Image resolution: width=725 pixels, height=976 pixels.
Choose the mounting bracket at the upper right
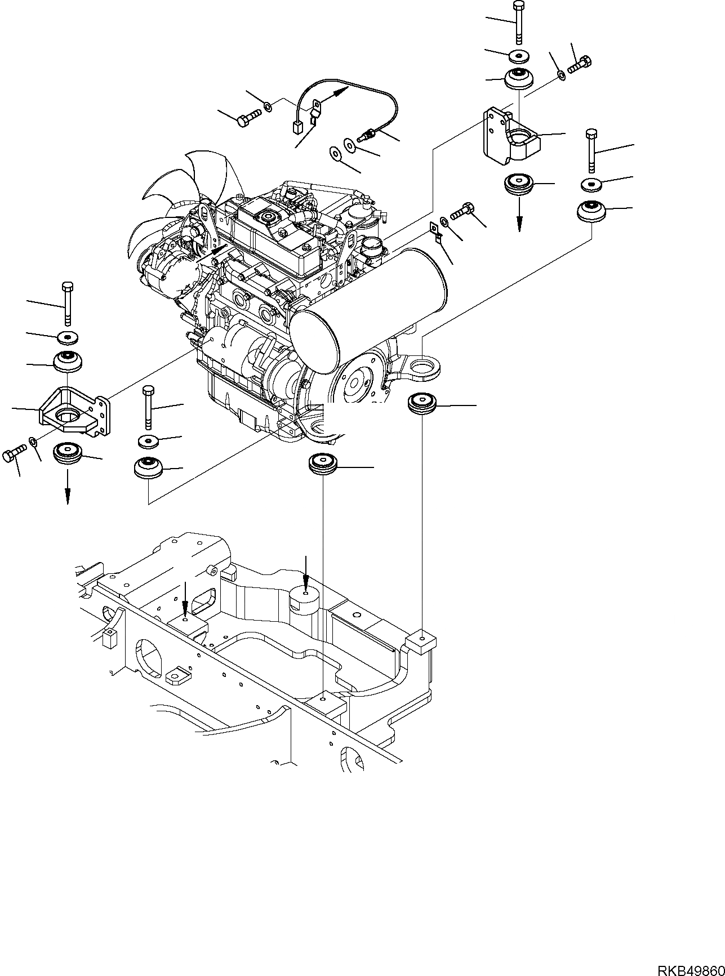[510, 138]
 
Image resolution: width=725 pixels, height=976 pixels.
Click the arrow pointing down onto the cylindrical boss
[305, 572]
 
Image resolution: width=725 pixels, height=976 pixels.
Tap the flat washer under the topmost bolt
[519, 55]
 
